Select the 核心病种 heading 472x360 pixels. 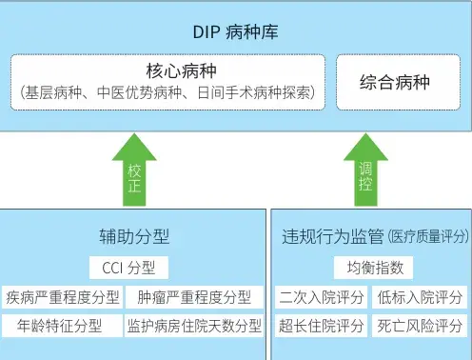(x=169, y=72)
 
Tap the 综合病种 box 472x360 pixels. (x=395, y=82)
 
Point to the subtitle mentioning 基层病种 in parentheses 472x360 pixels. (x=169, y=94)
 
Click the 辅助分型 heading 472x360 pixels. (x=134, y=236)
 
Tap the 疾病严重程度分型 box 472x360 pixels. (x=63, y=297)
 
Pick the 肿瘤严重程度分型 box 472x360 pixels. (x=194, y=297)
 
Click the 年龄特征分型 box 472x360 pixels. (x=63, y=326)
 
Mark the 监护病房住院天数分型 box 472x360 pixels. (x=194, y=326)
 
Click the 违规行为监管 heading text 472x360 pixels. (x=332, y=236)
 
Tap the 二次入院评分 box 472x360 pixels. (x=321, y=297)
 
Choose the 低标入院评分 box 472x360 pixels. (x=420, y=297)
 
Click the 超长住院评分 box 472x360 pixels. (x=321, y=326)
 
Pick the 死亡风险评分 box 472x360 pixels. (x=420, y=326)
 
